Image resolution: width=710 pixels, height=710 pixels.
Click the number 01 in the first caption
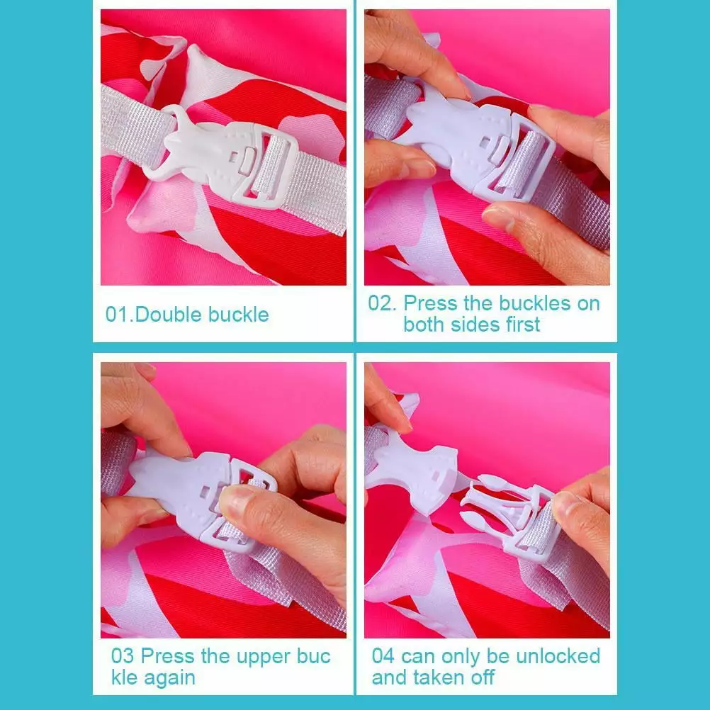point(117,314)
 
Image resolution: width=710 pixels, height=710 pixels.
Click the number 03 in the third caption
point(123,656)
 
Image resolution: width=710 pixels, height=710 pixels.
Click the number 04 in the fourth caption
point(383,656)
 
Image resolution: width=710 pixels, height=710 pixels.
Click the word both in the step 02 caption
point(424,325)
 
